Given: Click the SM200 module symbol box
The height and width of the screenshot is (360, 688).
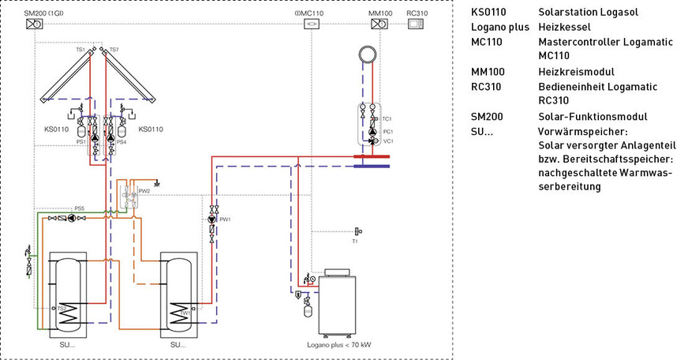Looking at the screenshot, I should coord(35,24).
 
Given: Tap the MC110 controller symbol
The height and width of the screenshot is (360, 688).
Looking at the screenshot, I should coord(312,24).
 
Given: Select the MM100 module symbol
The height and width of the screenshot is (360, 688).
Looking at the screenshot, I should coord(377,24).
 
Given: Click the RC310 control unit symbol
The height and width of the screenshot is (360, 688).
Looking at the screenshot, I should coord(416,24).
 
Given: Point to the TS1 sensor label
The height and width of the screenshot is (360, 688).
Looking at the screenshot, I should coord(80,50).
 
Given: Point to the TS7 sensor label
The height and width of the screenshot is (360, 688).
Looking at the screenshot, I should coord(114,50).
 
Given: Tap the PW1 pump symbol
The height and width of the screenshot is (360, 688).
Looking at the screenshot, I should coord(211,219).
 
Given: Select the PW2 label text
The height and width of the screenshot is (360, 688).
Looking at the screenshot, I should coord(144,190).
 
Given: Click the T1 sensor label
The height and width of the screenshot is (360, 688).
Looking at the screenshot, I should coord(355,242).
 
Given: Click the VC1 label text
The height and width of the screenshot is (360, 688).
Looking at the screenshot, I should coord(387,141).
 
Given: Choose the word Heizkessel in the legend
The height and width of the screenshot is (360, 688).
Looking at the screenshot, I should coord(561,28).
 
